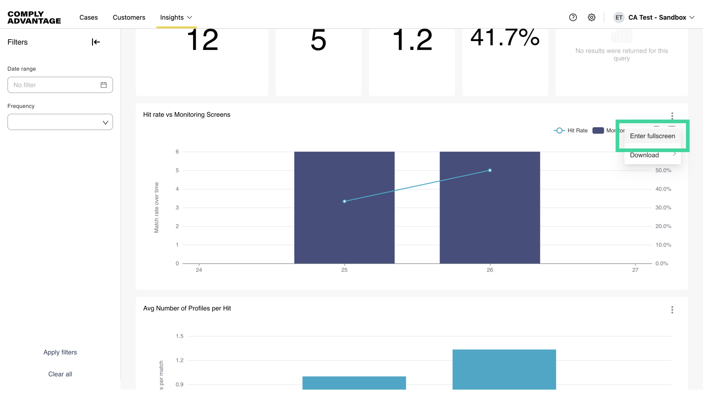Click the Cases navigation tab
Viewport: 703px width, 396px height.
click(x=89, y=17)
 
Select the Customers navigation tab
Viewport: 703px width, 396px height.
click(x=129, y=17)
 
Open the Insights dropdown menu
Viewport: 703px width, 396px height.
click(x=176, y=17)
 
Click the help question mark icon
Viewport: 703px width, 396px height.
click(x=573, y=17)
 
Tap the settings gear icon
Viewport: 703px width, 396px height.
click(x=592, y=17)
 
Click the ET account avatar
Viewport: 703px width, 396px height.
click(x=619, y=17)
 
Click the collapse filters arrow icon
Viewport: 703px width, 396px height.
click(x=96, y=42)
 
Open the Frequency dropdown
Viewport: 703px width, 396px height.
click(x=60, y=122)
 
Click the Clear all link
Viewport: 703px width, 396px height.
click(x=60, y=374)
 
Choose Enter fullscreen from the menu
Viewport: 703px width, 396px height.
click(x=652, y=136)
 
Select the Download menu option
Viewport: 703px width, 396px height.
click(x=644, y=155)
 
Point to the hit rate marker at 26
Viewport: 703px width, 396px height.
click(x=490, y=170)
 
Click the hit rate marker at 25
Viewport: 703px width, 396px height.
click(x=345, y=201)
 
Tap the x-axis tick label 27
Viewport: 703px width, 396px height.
click(x=635, y=270)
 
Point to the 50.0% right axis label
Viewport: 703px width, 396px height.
click(x=663, y=170)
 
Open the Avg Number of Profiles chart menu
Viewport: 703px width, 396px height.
click(x=672, y=310)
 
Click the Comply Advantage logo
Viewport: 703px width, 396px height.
click(x=34, y=17)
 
